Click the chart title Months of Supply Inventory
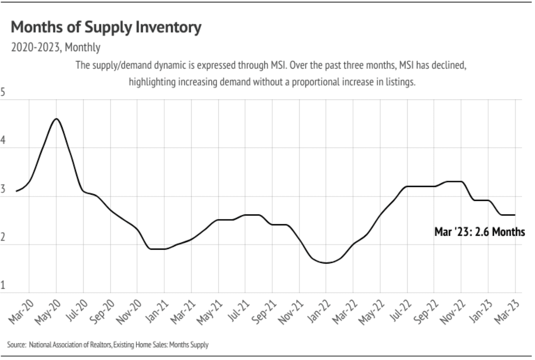[x=106, y=27]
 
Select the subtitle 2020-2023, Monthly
[x=56, y=47]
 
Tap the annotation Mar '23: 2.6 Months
[x=479, y=232]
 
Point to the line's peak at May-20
[x=57, y=118]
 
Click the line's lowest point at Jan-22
[x=326, y=263]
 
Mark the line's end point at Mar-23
[x=515, y=215]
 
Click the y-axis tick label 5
[x=3, y=92]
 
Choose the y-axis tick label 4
[x=3, y=140]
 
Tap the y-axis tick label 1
[x=3, y=285]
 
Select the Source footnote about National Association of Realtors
[x=108, y=345]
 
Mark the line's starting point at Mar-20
[x=16, y=191]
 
